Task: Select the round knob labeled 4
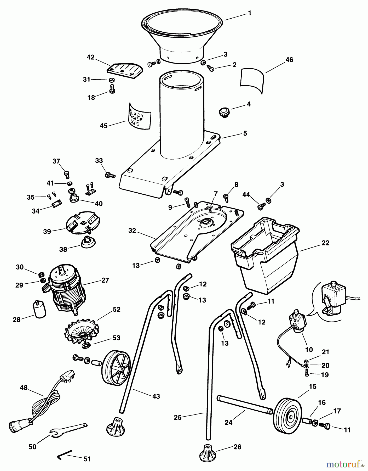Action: click(x=223, y=113)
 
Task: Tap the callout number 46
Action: click(x=289, y=60)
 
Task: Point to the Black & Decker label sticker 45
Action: click(x=140, y=116)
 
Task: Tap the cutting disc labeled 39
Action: click(x=82, y=223)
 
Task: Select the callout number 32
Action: click(x=132, y=231)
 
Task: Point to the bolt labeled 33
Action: click(x=110, y=175)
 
